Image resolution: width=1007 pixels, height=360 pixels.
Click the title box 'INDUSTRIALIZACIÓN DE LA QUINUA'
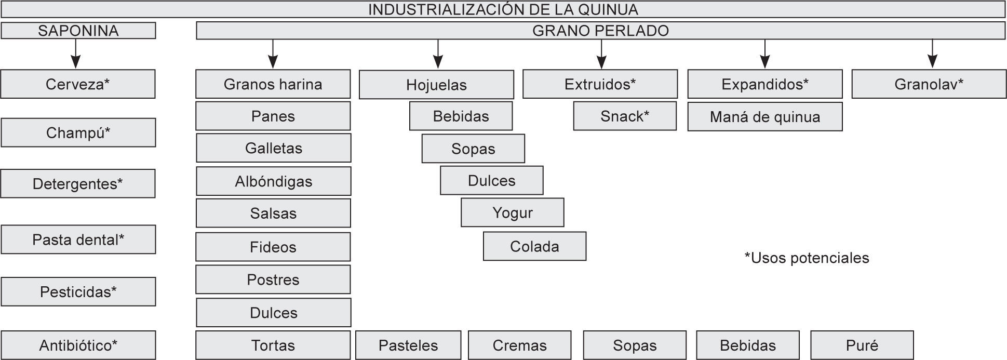click(x=503, y=9)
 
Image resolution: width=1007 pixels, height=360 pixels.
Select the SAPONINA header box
click(x=78, y=31)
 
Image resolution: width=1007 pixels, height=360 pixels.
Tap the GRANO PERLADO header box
click(x=600, y=31)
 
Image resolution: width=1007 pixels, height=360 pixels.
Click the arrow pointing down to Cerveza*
click(x=76, y=54)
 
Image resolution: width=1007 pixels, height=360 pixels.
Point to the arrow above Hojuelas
click(x=438, y=54)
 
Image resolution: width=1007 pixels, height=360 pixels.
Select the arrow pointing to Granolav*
click(x=932, y=54)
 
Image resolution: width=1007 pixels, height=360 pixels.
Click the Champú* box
click(x=78, y=132)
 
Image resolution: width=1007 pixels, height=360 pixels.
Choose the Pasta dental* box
click(x=78, y=239)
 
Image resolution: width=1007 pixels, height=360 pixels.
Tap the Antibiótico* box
click(x=78, y=345)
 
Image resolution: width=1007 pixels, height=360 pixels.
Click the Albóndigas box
click(x=273, y=181)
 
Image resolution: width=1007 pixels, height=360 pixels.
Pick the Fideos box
click(x=273, y=247)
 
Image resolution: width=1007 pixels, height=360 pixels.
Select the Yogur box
click(x=512, y=212)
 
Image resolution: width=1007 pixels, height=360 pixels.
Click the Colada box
click(x=534, y=246)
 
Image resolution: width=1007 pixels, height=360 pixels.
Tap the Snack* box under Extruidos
click(x=625, y=116)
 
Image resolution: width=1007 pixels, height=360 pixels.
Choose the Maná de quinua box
click(x=765, y=117)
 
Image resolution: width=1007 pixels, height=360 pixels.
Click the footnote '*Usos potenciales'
click(x=807, y=258)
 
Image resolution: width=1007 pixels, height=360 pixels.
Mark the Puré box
click(x=862, y=345)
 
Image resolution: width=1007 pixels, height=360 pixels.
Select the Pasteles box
click(x=408, y=345)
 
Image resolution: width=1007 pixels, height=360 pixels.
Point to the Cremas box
click(x=519, y=345)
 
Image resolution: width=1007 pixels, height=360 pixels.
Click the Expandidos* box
click(x=765, y=84)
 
